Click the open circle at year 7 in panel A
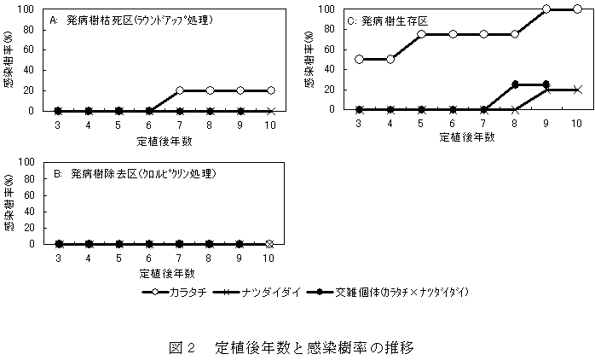pyautogui.click(x=180, y=90)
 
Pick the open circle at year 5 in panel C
pyautogui.click(x=422, y=34)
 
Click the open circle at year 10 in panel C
pyautogui.click(x=576, y=9)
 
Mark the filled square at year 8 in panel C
pyautogui.click(x=515, y=84)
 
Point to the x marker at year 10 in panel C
pyautogui.click(x=576, y=89)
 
